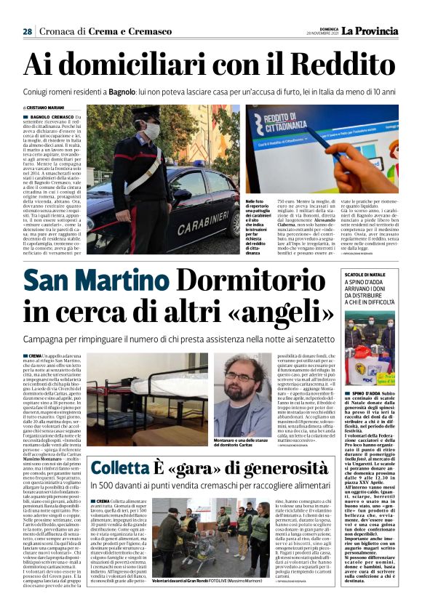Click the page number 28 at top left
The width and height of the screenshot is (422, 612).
[x=27, y=32]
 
